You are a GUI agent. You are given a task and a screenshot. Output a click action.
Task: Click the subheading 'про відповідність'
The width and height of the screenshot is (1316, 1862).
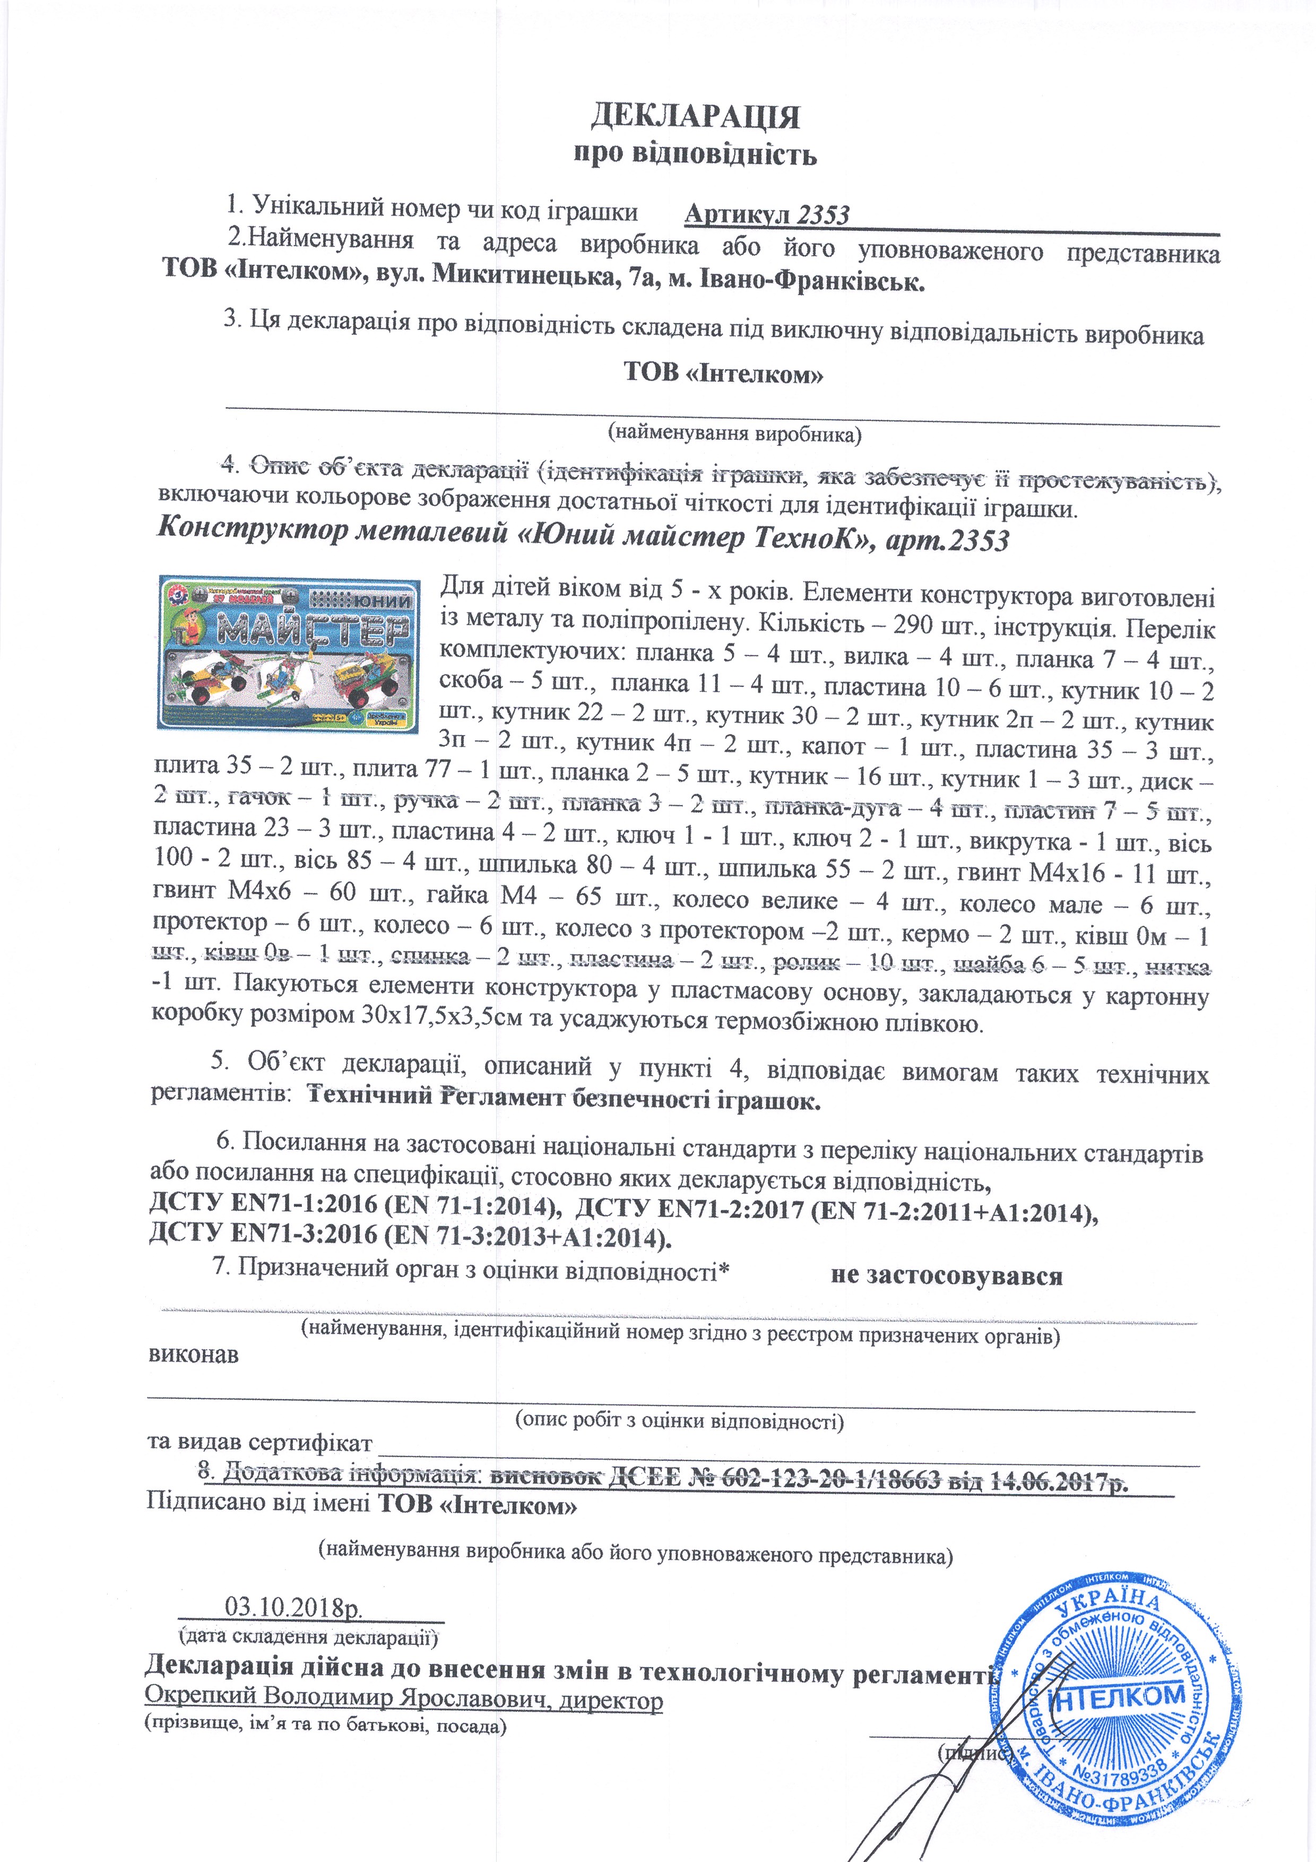tap(695, 153)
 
